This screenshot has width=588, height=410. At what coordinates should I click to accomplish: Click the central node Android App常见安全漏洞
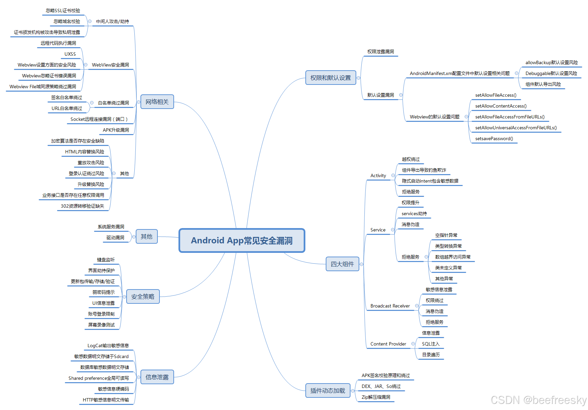click(242, 241)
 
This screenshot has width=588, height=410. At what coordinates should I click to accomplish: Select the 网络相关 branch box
click(157, 102)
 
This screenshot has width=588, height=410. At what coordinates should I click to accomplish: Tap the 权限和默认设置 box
click(330, 78)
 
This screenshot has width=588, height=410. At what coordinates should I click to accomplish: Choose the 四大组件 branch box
click(342, 264)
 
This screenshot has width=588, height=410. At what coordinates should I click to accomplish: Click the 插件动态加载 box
click(327, 391)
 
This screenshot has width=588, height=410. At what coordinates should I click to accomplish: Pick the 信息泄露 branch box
click(157, 377)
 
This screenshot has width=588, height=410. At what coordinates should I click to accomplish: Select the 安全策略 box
click(143, 297)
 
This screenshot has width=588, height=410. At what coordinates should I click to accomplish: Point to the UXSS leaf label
click(70, 54)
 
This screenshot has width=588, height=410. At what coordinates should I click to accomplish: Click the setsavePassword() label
click(494, 138)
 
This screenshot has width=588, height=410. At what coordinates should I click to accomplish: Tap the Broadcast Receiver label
click(390, 306)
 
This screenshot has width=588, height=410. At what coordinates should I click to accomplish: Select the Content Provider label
click(388, 344)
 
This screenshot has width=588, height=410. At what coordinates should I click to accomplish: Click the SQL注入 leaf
click(431, 344)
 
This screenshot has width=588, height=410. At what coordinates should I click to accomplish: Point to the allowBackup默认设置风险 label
click(551, 62)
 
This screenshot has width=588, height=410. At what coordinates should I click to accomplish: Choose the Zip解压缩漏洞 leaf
click(376, 397)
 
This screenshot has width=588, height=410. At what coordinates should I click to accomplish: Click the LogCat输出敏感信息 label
click(108, 346)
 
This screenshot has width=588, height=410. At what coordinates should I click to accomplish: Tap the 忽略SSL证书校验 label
click(63, 11)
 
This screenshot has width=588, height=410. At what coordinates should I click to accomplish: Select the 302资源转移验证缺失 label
click(82, 206)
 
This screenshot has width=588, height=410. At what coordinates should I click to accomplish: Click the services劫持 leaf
click(414, 213)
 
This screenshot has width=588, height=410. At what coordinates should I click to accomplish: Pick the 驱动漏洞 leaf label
click(115, 238)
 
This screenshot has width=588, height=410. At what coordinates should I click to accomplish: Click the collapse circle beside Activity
click(393, 175)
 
